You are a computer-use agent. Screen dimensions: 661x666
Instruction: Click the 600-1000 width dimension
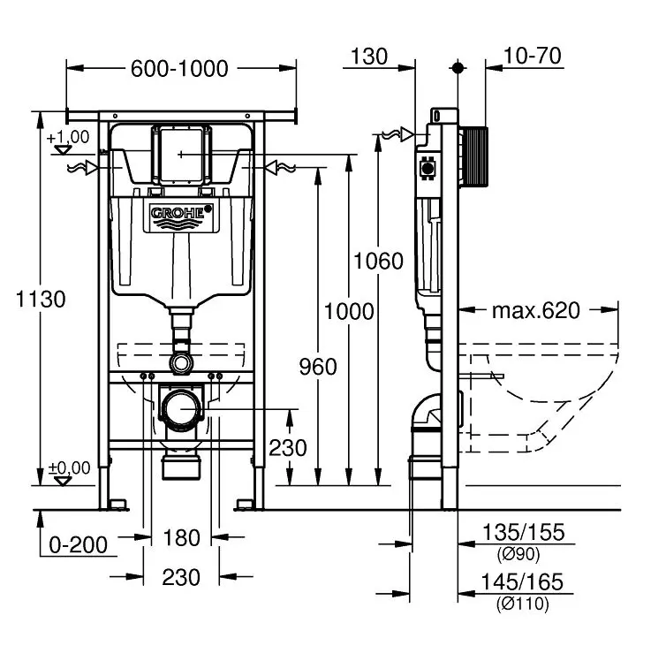(181, 68)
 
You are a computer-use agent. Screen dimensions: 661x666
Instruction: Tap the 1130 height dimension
(42, 299)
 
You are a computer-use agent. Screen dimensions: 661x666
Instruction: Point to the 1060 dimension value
(378, 261)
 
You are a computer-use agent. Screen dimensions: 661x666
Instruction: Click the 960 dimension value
(318, 365)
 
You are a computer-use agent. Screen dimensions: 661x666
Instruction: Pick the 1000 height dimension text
(349, 311)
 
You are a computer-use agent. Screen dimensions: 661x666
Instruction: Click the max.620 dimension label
(535, 310)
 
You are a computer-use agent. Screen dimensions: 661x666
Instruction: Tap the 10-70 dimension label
(532, 57)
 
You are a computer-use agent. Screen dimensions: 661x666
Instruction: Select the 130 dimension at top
(369, 57)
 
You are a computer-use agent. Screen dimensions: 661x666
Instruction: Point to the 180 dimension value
(182, 537)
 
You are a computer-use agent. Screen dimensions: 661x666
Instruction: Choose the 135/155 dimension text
(523, 532)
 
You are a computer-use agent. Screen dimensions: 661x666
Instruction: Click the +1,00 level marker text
(69, 137)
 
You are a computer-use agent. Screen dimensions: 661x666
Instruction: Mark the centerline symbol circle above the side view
(458, 67)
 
